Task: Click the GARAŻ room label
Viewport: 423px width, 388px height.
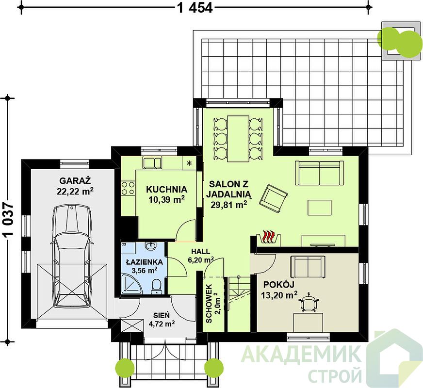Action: pyautogui.click(x=75, y=180)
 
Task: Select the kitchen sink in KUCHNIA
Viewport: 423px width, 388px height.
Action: pyautogui.click(x=152, y=163)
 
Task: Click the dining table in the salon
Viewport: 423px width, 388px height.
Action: pyautogui.click(x=238, y=139)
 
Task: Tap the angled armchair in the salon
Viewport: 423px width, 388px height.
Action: pyautogui.click(x=273, y=199)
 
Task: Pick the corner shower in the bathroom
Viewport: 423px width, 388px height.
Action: pyautogui.click(x=131, y=284)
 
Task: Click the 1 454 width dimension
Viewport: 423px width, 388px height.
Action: pyautogui.click(x=195, y=8)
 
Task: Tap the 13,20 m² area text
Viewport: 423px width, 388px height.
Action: pyautogui.click(x=279, y=295)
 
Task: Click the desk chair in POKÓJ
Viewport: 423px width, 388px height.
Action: pyautogui.click(x=309, y=303)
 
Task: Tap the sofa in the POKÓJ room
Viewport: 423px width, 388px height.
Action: pyautogui.click(x=308, y=267)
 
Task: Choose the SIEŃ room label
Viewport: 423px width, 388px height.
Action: pyautogui.click(x=162, y=315)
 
